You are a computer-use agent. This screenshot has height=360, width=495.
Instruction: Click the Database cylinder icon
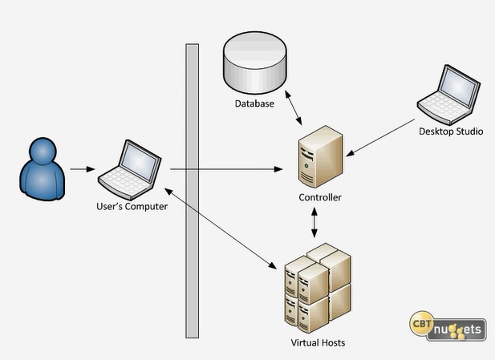tap(255, 63)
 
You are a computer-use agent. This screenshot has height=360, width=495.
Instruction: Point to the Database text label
tap(254, 103)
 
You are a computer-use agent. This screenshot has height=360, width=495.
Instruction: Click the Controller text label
tap(320, 197)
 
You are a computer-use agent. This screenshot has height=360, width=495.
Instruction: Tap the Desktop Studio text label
tap(452, 131)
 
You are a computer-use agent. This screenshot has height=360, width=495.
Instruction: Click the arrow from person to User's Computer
tap(84, 169)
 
